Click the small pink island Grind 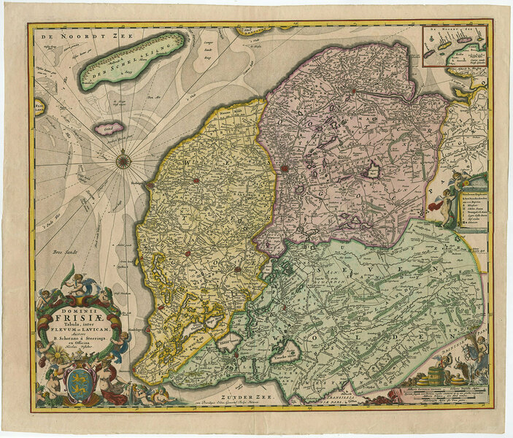tap(112, 128)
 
